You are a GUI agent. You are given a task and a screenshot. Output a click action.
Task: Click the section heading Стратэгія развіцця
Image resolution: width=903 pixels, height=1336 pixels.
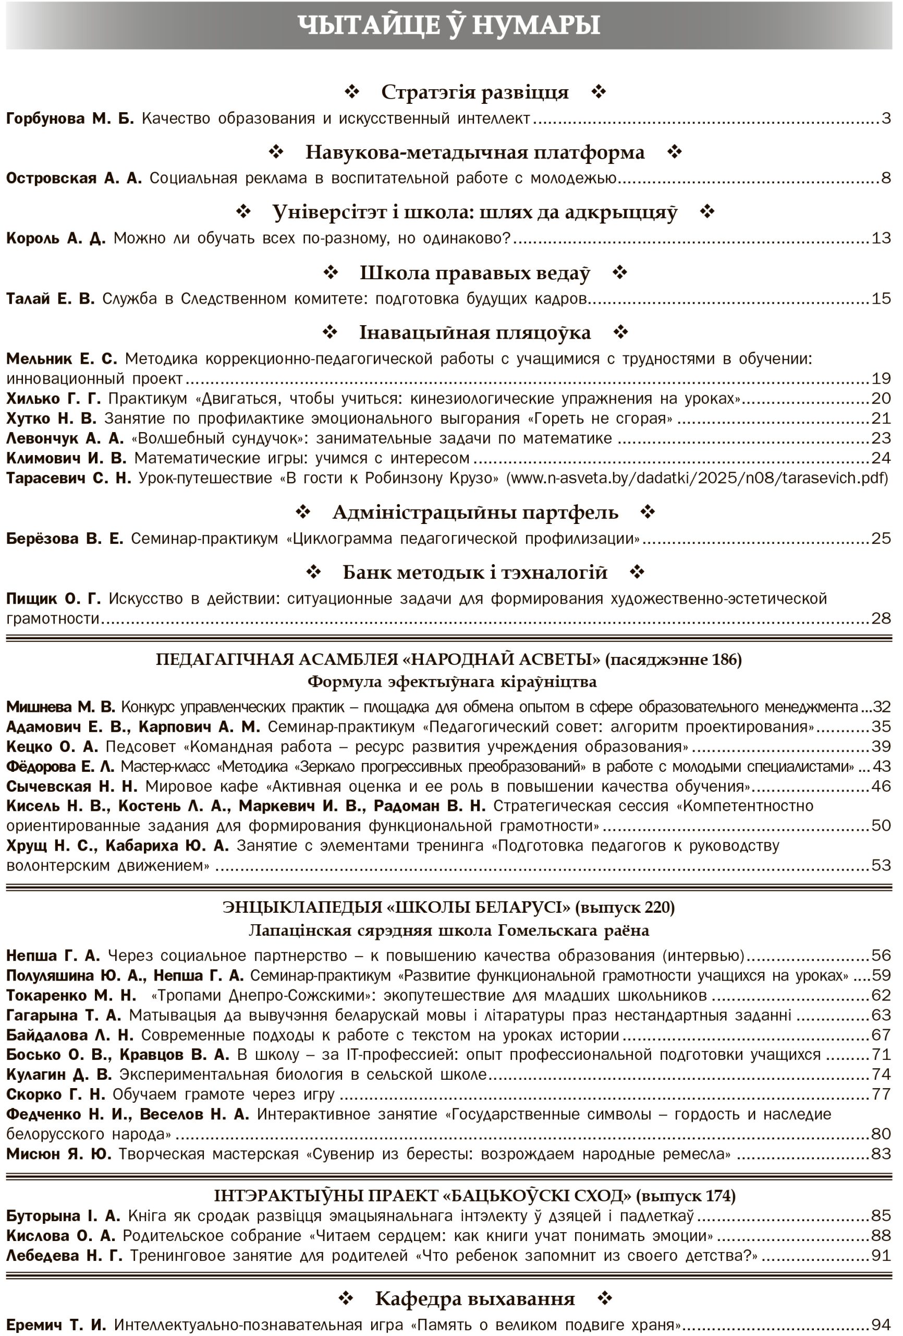474,92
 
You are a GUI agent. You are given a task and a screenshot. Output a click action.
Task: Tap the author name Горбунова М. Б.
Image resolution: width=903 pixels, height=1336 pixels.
69,118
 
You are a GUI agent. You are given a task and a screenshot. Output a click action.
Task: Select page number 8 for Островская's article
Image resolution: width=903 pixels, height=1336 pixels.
886,178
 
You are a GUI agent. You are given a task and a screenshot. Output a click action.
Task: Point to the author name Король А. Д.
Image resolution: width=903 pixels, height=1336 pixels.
56,238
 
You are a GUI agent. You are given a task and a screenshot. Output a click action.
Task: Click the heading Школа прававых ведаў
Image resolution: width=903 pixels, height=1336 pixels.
474,272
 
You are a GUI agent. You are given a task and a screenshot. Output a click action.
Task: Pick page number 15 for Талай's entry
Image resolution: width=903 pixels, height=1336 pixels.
881,299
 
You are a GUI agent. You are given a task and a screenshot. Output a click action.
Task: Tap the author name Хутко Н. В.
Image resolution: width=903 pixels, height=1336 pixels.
51,418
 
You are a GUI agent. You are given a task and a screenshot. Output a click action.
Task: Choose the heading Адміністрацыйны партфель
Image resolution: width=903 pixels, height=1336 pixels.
475,512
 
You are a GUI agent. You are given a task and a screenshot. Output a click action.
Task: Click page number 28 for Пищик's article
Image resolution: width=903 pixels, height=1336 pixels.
881,618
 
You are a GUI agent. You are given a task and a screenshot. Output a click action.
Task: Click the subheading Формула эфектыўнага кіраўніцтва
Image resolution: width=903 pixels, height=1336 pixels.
451,682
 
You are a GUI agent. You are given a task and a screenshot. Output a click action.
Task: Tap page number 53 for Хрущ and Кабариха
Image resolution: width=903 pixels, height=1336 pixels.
881,865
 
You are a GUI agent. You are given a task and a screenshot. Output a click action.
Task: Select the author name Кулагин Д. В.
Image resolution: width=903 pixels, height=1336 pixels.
58,1075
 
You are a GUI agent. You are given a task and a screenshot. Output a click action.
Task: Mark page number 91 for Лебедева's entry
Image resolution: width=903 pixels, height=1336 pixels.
881,1256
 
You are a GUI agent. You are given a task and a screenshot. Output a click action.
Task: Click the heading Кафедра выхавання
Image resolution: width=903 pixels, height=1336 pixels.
474,1298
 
